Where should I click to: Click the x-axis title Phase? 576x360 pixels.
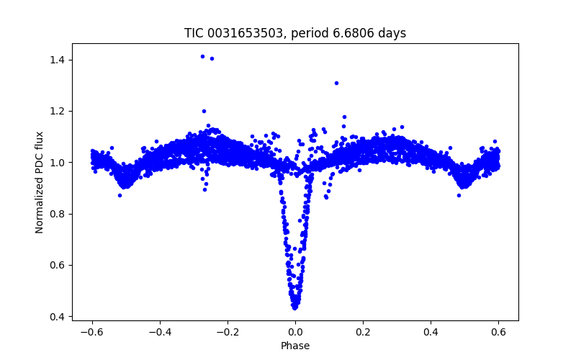295,346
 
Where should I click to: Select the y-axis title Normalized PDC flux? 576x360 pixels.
40,181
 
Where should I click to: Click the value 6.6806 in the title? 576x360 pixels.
358,33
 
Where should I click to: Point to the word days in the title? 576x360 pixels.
393,33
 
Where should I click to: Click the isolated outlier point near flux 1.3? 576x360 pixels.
336,83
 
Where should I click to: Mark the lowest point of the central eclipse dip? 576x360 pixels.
294,307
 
